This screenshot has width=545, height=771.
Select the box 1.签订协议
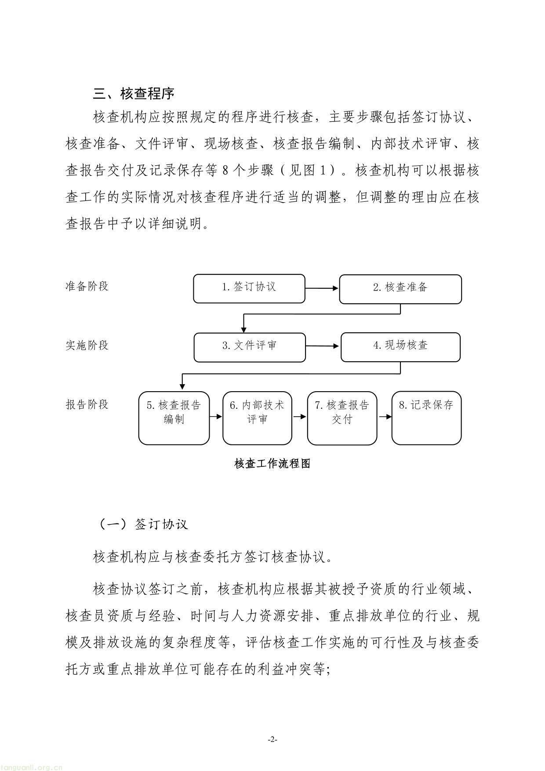(x=249, y=288)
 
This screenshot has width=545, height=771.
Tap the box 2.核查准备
(x=400, y=289)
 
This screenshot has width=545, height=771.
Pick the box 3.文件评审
(x=249, y=347)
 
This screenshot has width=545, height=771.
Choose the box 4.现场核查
(x=400, y=347)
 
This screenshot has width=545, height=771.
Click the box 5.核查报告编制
(x=174, y=418)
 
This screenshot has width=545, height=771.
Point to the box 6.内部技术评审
(x=257, y=418)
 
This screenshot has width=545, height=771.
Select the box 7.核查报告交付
(x=342, y=418)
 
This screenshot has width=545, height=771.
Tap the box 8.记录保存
(x=426, y=418)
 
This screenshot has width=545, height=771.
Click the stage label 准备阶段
(x=87, y=286)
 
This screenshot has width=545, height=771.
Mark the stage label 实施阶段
(x=87, y=345)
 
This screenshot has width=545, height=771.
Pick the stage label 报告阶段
(x=87, y=404)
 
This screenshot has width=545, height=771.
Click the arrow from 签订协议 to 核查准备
(x=322, y=288)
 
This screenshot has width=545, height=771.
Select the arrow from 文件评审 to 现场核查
(x=323, y=346)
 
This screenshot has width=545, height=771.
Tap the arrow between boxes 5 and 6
(x=216, y=416)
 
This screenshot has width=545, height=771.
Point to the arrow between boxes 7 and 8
(x=385, y=416)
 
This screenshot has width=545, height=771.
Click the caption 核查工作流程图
(x=272, y=463)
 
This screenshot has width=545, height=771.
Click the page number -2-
(x=272, y=739)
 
